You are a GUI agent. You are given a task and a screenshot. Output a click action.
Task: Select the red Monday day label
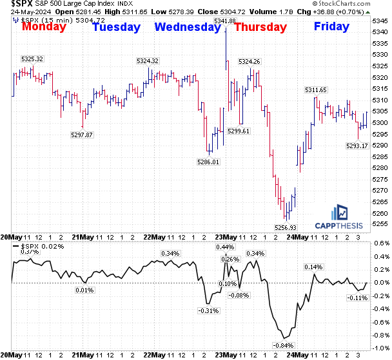44,26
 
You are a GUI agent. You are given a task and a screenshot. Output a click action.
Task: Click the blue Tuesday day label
116,27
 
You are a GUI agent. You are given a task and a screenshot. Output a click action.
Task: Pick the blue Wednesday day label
188,27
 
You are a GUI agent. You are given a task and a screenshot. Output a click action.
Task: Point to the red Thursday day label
260,27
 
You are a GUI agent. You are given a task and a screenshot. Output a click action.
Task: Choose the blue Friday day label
331,26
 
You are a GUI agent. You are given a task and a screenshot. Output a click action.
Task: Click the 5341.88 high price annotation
224,21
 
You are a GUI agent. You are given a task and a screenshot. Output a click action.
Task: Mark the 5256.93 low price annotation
286,227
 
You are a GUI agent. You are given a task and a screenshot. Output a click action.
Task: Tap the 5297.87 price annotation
82,135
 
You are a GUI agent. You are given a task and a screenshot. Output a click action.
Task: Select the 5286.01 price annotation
208,162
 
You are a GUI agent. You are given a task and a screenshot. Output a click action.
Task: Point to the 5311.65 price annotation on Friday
316,90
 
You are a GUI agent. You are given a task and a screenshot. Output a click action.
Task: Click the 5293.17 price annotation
357,146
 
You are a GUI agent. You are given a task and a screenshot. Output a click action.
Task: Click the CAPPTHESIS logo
339,218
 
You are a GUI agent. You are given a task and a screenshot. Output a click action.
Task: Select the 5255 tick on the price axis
380,224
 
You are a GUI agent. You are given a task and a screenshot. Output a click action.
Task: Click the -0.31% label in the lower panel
208,311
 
